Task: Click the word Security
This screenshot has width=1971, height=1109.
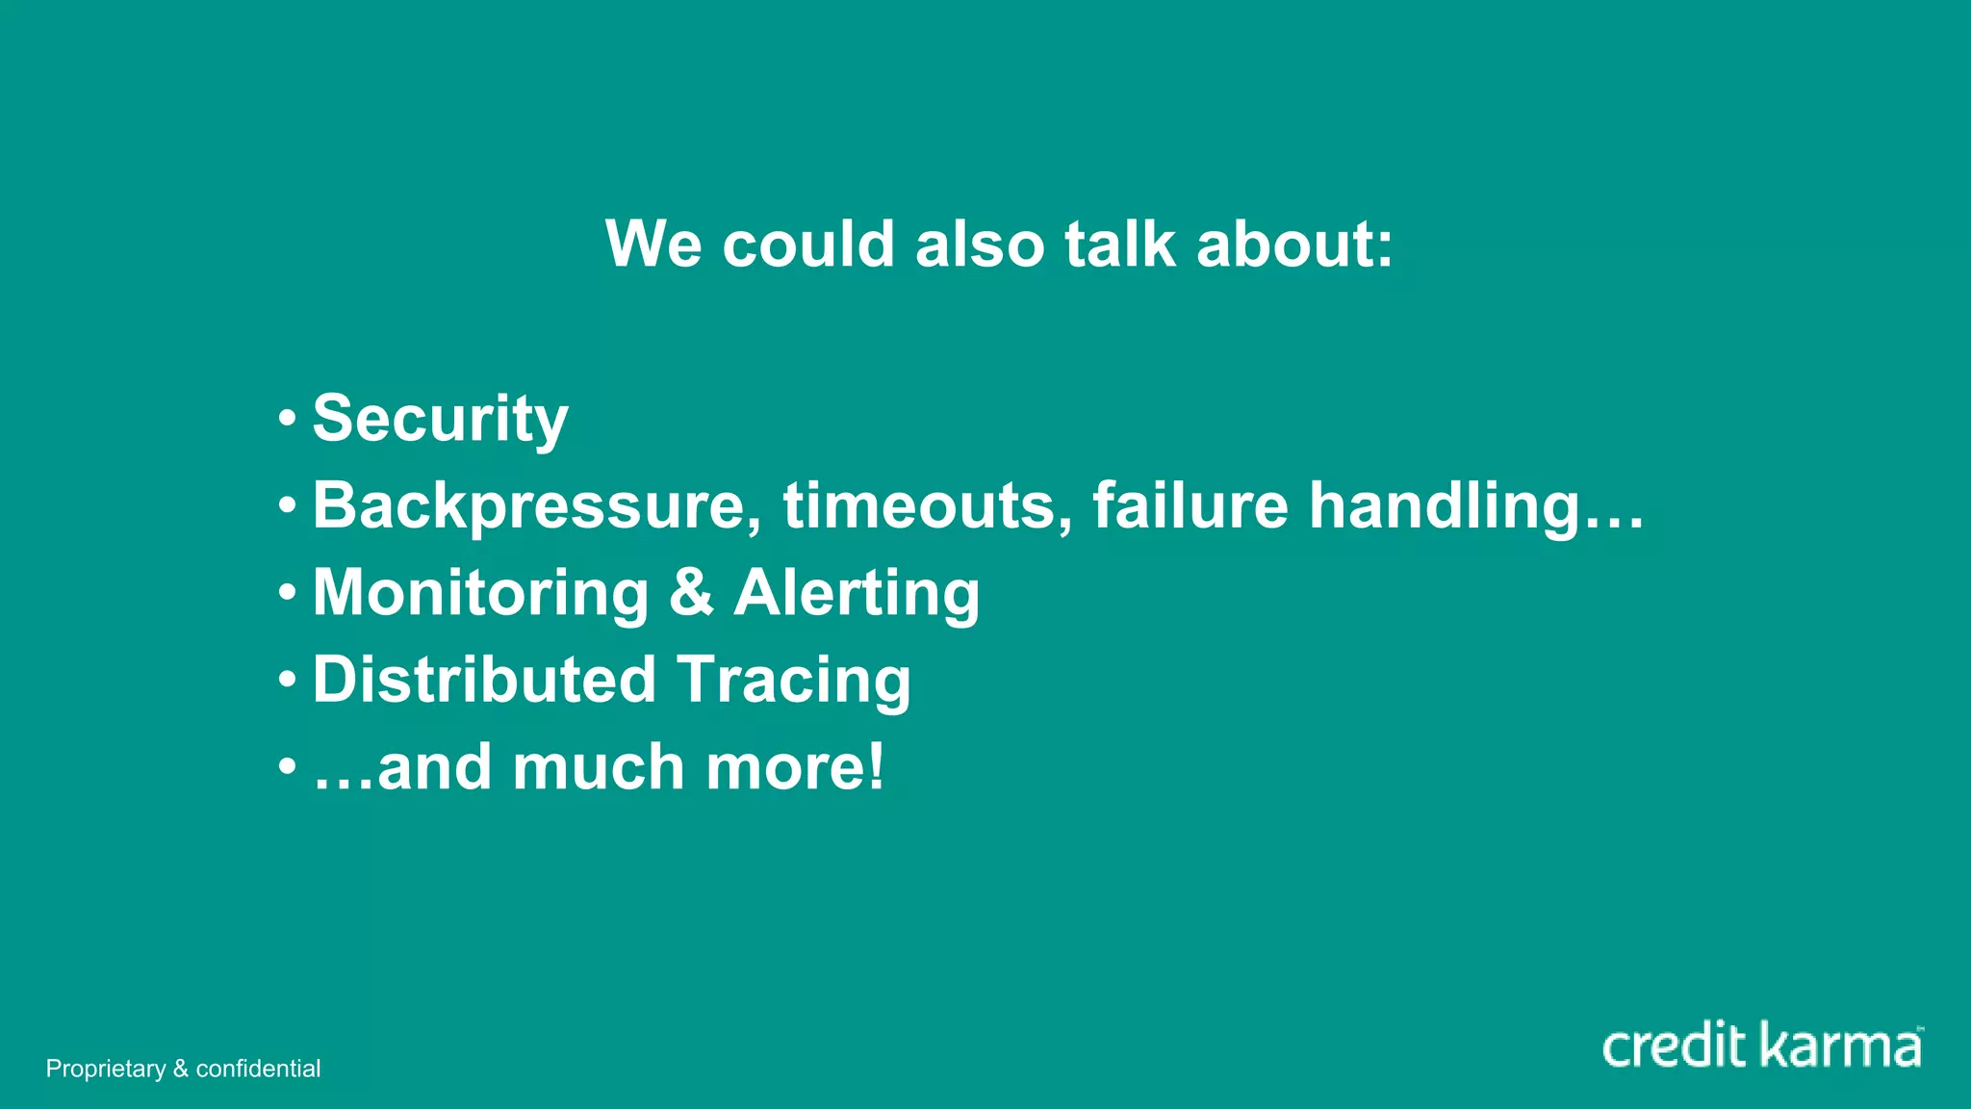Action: pyautogui.click(x=440, y=419)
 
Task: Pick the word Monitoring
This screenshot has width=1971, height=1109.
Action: pyautogui.click(x=481, y=593)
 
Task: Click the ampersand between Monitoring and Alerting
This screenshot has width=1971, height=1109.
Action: pyautogui.click(x=691, y=592)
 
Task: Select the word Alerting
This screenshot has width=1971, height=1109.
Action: pyautogui.click(x=857, y=593)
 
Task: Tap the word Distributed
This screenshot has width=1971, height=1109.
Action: pyautogui.click(x=484, y=680)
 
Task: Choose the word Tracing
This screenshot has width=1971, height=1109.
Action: pyautogui.click(x=794, y=680)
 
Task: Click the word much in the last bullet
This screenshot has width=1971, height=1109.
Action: pyautogui.click(x=598, y=767)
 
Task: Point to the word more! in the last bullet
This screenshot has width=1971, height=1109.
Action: pyautogui.click(x=795, y=767)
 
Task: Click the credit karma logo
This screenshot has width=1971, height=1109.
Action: pyautogui.click(x=1762, y=1046)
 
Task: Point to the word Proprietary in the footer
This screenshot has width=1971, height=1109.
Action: pyautogui.click(x=106, y=1069)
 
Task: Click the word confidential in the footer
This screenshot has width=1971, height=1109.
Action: pyautogui.click(x=258, y=1069)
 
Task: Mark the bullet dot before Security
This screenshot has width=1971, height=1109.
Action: pyautogui.click(x=287, y=420)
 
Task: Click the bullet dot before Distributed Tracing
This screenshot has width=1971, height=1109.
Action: pyautogui.click(x=287, y=681)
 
